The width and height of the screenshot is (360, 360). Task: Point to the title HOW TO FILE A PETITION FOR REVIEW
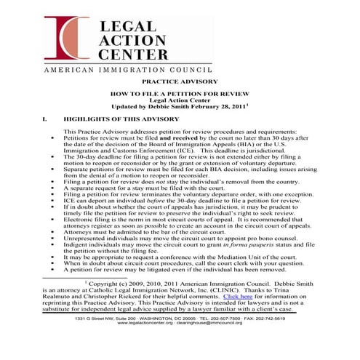(179, 95)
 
